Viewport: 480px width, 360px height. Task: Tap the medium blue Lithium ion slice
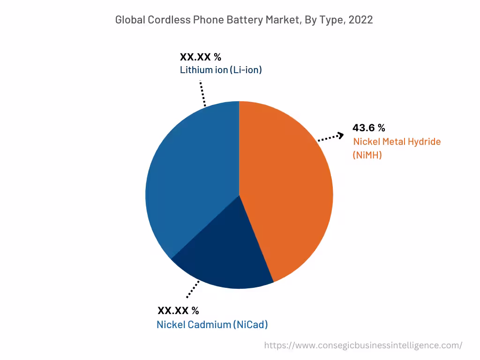point(187,173)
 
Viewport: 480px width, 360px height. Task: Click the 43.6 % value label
point(369,128)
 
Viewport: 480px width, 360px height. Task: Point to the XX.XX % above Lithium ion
point(201,57)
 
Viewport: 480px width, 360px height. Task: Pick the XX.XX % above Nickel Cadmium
point(178,310)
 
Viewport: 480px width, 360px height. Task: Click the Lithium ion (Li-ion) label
point(221,70)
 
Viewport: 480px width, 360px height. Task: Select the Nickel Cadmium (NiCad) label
point(212,324)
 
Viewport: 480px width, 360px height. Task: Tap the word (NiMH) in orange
point(367,155)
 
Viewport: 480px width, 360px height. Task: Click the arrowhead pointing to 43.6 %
point(341,135)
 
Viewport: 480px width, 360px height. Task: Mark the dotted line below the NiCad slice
point(193,289)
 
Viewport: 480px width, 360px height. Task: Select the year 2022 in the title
point(361,20)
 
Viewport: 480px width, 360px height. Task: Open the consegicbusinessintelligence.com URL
point(363,345)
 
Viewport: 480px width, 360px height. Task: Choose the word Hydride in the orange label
point(422,142)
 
